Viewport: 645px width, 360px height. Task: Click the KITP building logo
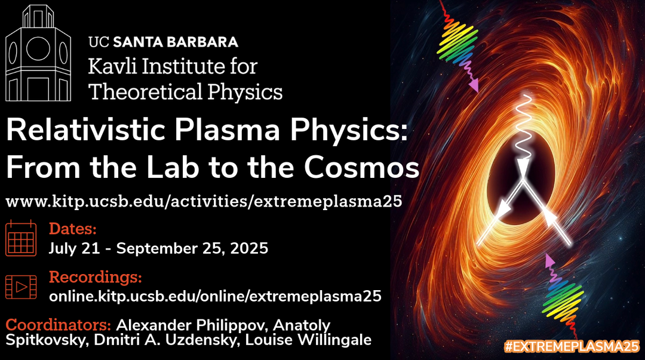(x=38, y=53)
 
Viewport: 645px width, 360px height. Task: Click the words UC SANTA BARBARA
(x=163, y=42)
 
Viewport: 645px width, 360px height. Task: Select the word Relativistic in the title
(x=85, y=130)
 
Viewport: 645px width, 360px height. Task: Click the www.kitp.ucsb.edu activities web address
(x=204, y=202)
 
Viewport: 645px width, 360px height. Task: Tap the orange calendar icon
(x=21, y=238)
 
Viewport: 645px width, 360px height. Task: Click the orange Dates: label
(x=73, y=229)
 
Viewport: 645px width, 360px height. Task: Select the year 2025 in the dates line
(x=249, y=248)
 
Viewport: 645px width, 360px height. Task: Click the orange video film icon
(x=21, y=287)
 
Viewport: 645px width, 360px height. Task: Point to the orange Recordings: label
(x=96, y=277)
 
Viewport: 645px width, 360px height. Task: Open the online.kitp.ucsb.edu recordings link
(x=215, y=296)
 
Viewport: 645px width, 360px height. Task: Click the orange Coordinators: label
(x=59, y=325)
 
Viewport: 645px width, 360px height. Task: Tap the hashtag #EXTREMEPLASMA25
(x=572, y=346)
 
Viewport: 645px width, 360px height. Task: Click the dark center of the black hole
(x=521, y=181)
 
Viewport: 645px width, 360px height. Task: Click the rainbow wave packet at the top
(x=457, y=42)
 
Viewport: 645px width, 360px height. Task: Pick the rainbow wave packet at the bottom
(x=563, y=299)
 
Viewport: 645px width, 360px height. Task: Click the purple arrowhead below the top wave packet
(x=474, y=85)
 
